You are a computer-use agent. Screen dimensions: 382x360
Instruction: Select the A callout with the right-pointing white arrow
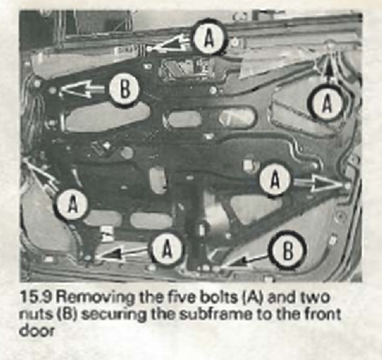276,179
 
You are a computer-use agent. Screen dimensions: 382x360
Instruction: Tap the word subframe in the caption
213,315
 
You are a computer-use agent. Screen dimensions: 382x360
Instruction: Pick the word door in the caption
37,331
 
